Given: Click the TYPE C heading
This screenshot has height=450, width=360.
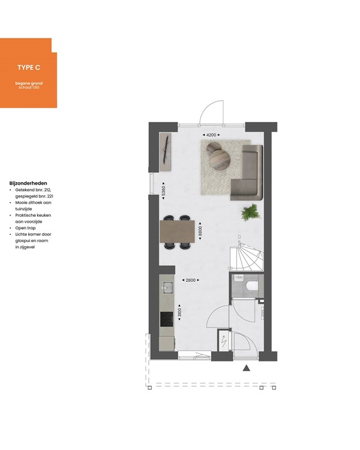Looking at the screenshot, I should [x=28, y=68].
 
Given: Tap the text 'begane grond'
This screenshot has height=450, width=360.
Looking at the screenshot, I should [x=29, y=83].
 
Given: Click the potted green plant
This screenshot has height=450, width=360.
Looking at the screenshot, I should [x=250, y=212].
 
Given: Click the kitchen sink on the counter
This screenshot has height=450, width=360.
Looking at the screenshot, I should [x=167, y=287].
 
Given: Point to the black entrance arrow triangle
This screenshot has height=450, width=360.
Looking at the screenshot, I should [x=247, y=369].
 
